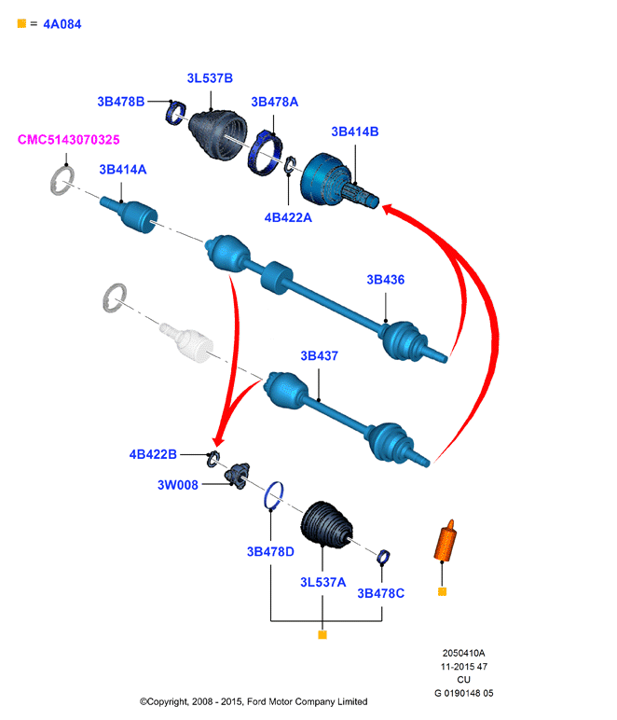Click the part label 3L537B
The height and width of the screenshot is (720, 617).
pos(210,78)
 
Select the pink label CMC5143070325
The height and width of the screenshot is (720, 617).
pos(68,140)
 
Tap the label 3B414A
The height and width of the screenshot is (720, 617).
pos(123,170)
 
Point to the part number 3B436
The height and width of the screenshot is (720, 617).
pos(385,280)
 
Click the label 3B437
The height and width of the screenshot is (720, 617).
pos(320,356)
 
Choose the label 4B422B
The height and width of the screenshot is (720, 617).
pos(153,454)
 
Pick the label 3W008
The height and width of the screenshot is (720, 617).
pos(177,485)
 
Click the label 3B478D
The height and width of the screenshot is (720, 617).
pos(270,551)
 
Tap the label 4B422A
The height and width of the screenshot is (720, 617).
pos(288,217)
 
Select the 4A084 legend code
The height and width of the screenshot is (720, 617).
pos(62,24)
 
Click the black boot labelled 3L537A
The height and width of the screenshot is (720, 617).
pos(326,524)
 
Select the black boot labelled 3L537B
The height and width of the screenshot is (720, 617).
pos(217,134)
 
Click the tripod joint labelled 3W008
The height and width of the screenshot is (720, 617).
pos(238,476)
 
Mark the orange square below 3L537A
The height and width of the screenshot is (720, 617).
pos(322,635)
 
